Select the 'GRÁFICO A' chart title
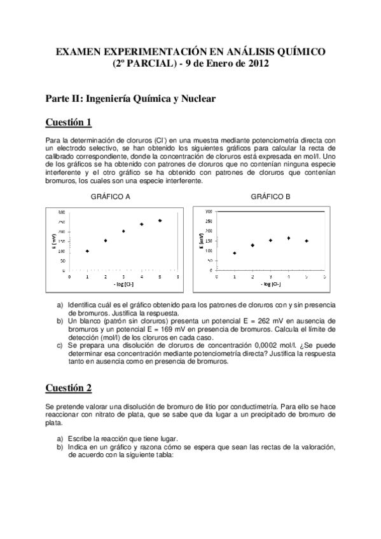click(111, 197)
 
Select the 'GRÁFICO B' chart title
click(270, 197)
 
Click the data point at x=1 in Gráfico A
click(87, 251)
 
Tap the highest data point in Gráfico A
click(160, 221)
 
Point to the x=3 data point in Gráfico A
click(123, 231)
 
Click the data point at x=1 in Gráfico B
click(235, 253)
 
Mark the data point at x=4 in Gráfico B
click(289, 238)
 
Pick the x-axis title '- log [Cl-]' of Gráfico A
click(123, 284)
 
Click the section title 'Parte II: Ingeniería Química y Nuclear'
click(130, 99)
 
